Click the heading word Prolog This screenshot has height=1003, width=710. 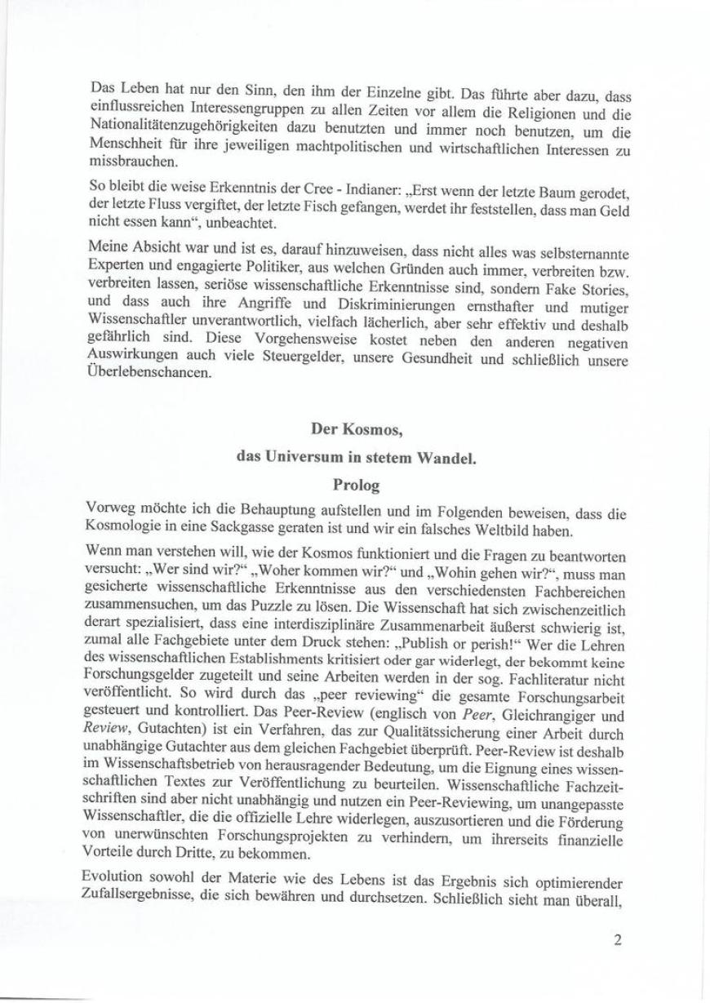(357, 485)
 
